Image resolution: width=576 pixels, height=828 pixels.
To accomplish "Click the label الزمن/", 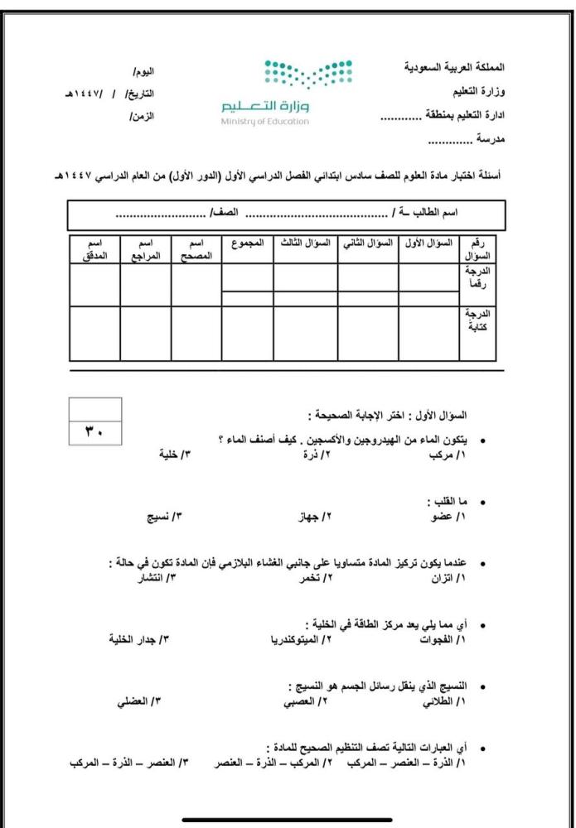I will point(142,116).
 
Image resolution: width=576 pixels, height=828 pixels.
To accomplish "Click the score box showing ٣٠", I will point(95,431).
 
